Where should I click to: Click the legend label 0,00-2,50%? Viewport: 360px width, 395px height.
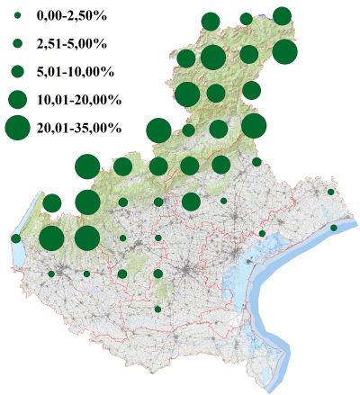click(x=70, y=16)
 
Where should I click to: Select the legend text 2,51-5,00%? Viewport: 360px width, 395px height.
click(x=70, y=42)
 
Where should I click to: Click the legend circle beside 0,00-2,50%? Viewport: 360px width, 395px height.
click(x=17, y=16)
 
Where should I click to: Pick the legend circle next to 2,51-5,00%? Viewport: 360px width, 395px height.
click(x=17, y=42)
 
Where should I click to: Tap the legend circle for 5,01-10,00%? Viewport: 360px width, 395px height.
click(x=17, y=70)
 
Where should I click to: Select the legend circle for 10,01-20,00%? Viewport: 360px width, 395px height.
click(x=17, y=98)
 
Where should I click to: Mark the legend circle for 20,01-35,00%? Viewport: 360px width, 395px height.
click(x=17, y=129)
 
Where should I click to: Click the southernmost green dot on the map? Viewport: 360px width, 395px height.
click(x=157, y=309)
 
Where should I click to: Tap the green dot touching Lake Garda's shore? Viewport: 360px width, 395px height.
click(x=16, y=238)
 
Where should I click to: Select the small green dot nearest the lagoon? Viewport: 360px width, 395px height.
click(x=262, y=233)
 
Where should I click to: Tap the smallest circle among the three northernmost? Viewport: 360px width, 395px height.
click(x=246, y=19)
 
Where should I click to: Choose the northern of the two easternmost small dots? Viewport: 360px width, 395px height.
click(x=331, y=192)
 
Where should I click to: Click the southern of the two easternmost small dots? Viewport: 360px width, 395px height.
click(x=334, y=228)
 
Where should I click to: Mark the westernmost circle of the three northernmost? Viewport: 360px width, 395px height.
click(x=211, y=22)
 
